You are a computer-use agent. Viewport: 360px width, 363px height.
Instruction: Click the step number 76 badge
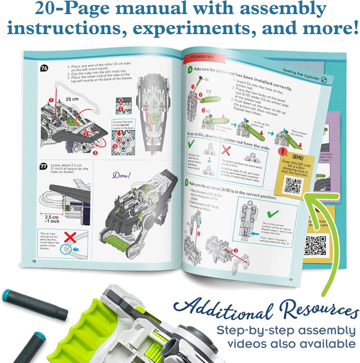45,68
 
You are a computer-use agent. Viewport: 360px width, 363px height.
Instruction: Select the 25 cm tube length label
72,99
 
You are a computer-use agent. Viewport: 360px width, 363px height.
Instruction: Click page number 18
34,261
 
